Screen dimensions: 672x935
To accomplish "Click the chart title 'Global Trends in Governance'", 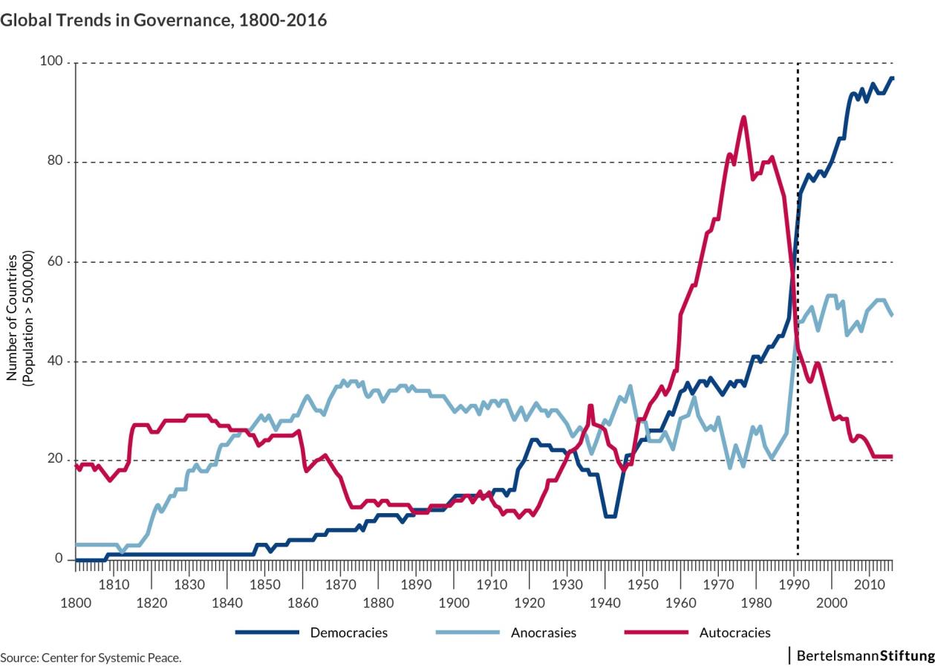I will click(163, 20).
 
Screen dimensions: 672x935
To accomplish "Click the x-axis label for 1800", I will click(75, 601).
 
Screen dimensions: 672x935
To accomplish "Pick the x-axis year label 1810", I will click(113, 584).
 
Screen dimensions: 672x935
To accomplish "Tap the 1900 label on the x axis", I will click(454, 601).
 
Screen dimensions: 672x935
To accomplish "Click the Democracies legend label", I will click(348, 633).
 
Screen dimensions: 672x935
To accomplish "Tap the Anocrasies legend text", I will click(543, 633).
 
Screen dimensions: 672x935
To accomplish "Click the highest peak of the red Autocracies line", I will click(743, 117).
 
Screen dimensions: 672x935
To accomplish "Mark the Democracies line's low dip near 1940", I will click(610, 515).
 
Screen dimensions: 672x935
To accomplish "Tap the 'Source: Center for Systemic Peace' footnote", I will click(91, 657).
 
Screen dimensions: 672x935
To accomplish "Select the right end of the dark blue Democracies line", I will click(892, 78).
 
